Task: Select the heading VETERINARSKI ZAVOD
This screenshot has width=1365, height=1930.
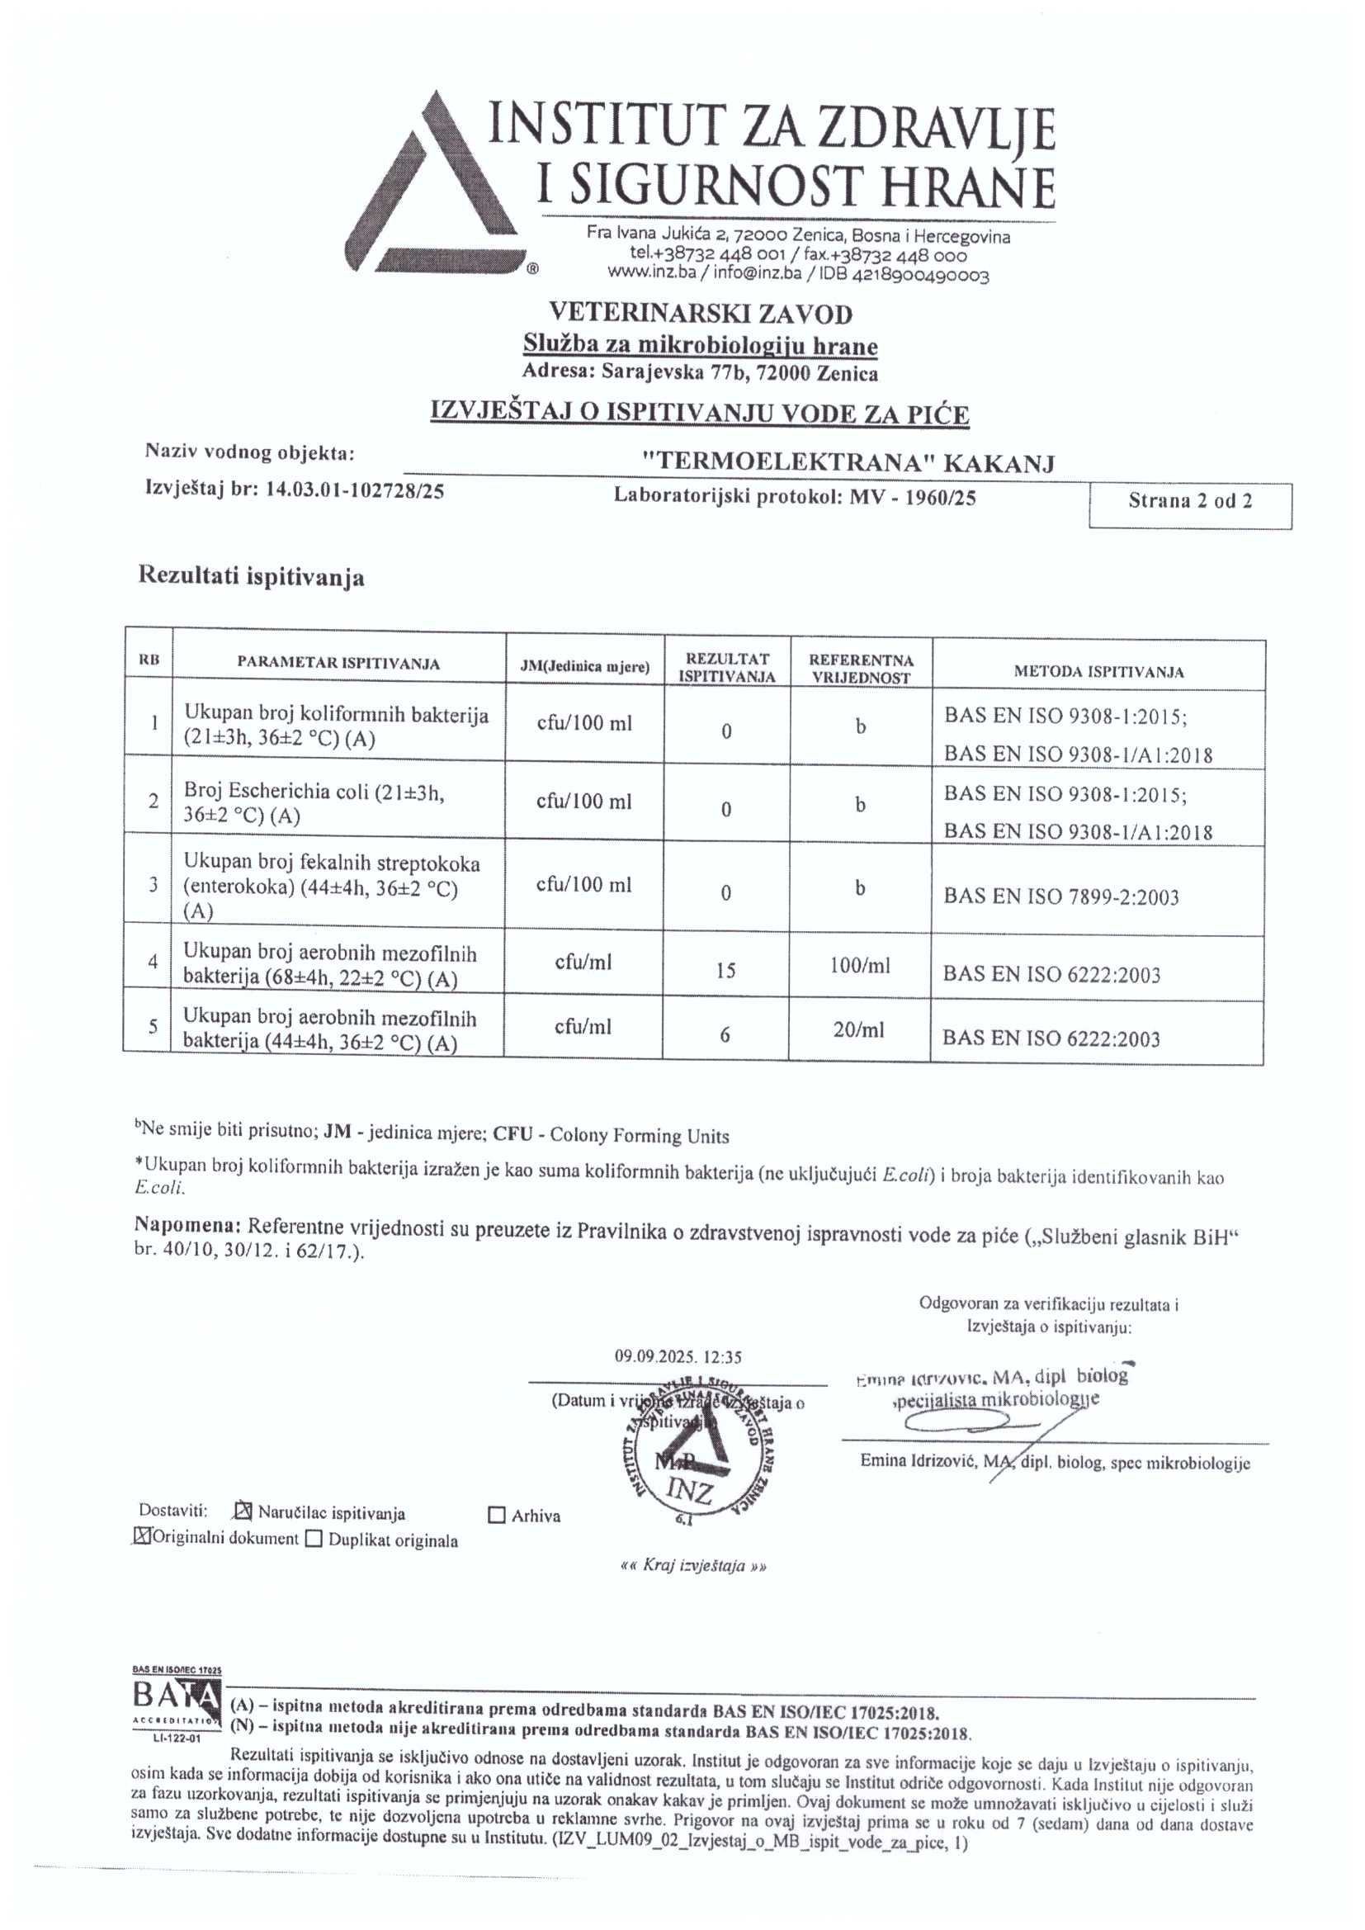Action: point(700,314)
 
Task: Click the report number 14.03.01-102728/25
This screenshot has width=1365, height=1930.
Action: point(355,491)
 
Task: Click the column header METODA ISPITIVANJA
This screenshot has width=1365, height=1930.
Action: point(1098,672)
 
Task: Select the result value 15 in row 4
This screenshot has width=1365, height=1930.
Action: point(726,971)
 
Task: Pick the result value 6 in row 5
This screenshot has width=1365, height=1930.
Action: point(725,1036)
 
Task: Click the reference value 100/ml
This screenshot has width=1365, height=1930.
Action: point(860,966)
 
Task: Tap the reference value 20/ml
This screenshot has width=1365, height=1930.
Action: point(859,1029)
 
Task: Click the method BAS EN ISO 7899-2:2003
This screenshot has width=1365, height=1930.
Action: point(1060,897)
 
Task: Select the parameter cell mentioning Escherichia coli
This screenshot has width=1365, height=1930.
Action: point(314,803)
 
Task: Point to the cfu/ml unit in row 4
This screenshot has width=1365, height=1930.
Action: point(583,963)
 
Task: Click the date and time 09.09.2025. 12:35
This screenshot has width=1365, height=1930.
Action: point(678,1357)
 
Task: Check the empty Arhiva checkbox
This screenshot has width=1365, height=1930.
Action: point(497,1516)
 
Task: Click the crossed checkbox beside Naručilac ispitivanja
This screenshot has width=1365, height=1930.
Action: point(243,1511)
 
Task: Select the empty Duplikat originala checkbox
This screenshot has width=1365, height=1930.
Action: point(314,1540)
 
